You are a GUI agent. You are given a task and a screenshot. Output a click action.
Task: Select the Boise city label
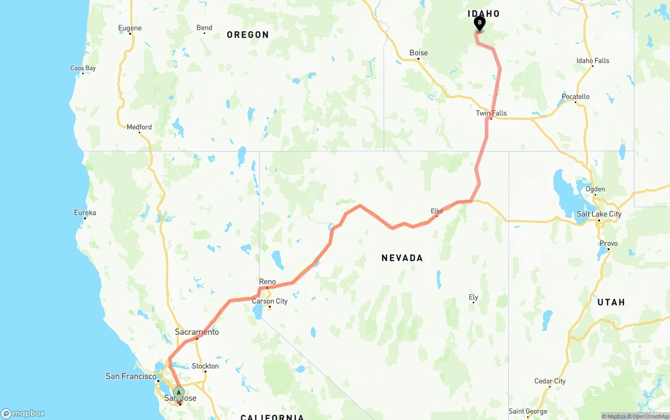pyautogui.click(x=418, y=53)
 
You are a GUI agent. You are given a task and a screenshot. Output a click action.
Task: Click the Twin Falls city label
pyautogui.click(x=491, y=113)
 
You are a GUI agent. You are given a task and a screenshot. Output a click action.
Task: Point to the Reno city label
pyautogui.click(x=267, y=282)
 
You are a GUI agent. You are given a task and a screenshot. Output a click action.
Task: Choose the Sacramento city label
pyautogui.click(x=197, y=332)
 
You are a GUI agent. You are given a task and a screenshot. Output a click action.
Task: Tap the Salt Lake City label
pyautogui.click(x=599, y=214)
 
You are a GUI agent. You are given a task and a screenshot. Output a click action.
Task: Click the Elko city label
pyautogui.click(x=437, y=211)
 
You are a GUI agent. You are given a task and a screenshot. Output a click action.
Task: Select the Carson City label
pyautogui.click(x=270, y=301)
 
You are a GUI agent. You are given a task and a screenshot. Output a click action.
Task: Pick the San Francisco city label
pyautogui.click(x=131, y=376)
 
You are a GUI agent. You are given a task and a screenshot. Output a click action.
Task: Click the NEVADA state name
pyautogui.click(x=402, y=258)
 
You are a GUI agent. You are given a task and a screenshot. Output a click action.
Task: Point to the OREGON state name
pyautogui.click(x=248, y=35)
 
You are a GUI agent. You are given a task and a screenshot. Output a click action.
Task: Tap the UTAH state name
pyautogui.click(x=611, y=302)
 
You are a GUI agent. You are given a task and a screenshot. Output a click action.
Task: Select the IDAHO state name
pyautogui.click(x=484, y=14)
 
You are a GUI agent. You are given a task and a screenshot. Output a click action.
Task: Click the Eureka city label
pyautogui.click(x=85, y=213)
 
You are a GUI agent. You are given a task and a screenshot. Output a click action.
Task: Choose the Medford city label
pyautogui.click(x=139, y=127)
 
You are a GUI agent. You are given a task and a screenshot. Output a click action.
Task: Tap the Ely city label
pyautogui.click(x=473, y=298)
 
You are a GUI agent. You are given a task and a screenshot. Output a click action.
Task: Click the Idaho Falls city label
pyautogui.click(x=593, y=61)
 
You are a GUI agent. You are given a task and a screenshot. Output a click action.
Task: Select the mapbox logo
pyautogui.click(x=23, y=413)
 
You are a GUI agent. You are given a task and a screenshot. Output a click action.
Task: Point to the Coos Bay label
pyautogui.click(x=83, y=68)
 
